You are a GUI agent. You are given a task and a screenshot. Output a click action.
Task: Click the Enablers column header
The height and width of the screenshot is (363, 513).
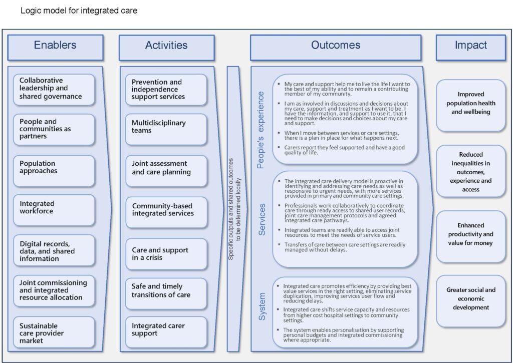pyautogui.click(x=55, y=46)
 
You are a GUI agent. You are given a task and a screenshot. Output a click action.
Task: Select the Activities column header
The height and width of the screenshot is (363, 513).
pyautogui.click(x=166, y=46)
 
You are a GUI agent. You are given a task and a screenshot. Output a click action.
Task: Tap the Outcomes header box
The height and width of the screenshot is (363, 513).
pyautogui.click(x=335, y=46)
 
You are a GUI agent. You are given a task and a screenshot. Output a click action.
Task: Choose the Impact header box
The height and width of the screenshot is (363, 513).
pyautogui.click(x=470, y=46)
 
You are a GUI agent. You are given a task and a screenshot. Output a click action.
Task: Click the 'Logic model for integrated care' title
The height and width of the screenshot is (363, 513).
pyautogui.click(x=79, y=10)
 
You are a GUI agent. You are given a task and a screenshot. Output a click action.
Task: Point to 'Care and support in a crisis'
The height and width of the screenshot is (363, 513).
pyautogui.click(x=166, y=254)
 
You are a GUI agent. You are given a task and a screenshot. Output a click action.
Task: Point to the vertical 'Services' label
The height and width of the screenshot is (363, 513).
pyautogui.click(x=262, y=219)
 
